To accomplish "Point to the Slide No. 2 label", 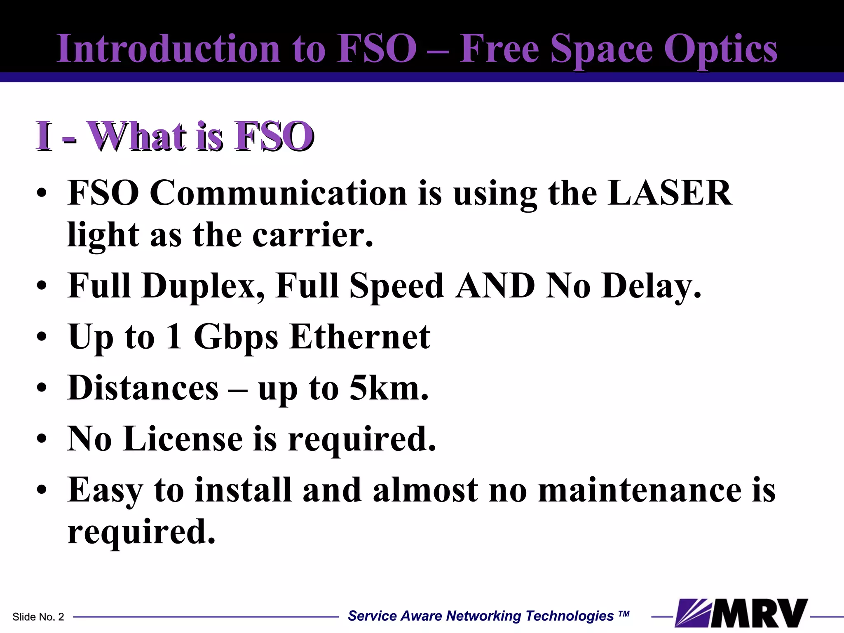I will point(38,617).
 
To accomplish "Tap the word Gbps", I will point(236,337).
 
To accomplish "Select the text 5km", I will point(389,388).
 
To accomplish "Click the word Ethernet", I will point(360,337).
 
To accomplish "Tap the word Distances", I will point(143,388).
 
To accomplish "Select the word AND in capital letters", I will point(495,286).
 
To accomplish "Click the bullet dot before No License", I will point(41,440).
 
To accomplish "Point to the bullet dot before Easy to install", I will point(41,490).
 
